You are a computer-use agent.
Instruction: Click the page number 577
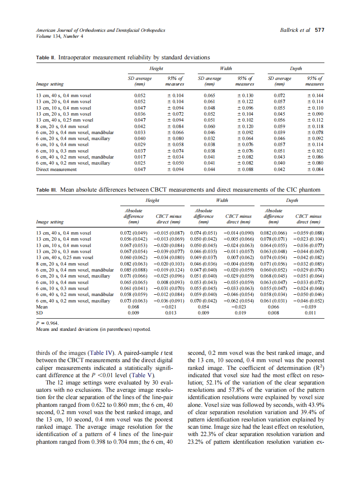320,31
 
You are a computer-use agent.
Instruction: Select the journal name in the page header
101,31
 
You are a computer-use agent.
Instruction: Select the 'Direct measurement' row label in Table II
56,169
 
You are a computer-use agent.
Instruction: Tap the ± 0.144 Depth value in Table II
314,95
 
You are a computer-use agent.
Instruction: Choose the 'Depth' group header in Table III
292,200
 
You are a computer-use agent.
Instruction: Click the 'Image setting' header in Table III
50,222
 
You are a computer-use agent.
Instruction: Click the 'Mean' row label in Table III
42,307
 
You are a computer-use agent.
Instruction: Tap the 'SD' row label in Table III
40,313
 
